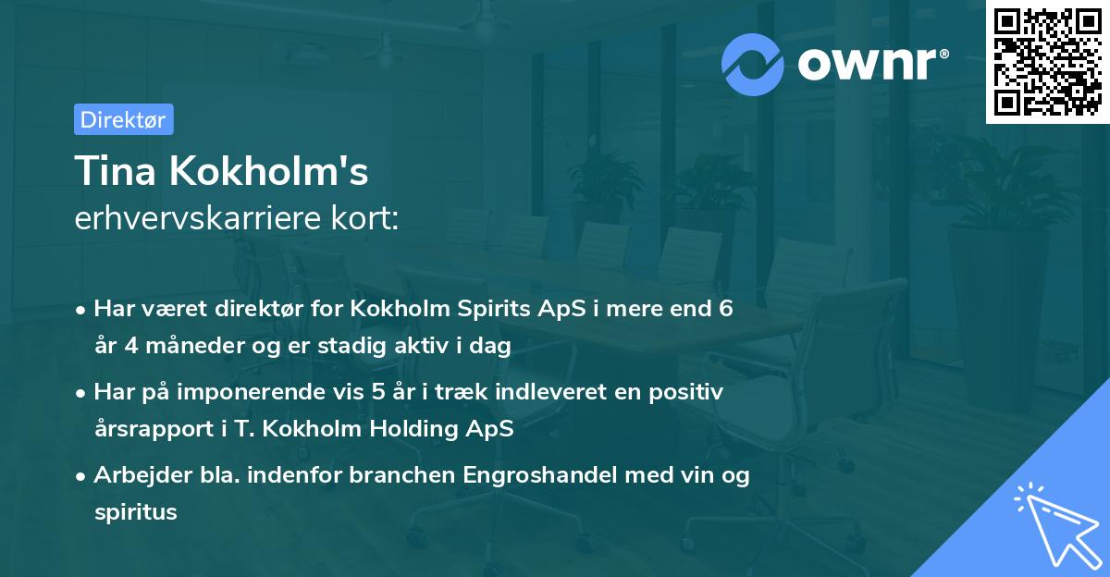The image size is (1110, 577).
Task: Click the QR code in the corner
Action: point(1048,61)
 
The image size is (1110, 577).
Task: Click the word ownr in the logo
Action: point(867,65)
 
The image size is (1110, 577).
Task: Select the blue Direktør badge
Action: point(123,119)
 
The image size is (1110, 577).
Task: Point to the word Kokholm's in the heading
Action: point(267,171)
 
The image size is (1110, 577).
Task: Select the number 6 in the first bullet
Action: point(726,309)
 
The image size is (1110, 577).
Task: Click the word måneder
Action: point(177,347)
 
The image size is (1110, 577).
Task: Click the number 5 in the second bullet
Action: point(378,392)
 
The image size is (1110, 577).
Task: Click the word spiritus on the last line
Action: point(135,512)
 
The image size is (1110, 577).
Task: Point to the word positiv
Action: point(686,392)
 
